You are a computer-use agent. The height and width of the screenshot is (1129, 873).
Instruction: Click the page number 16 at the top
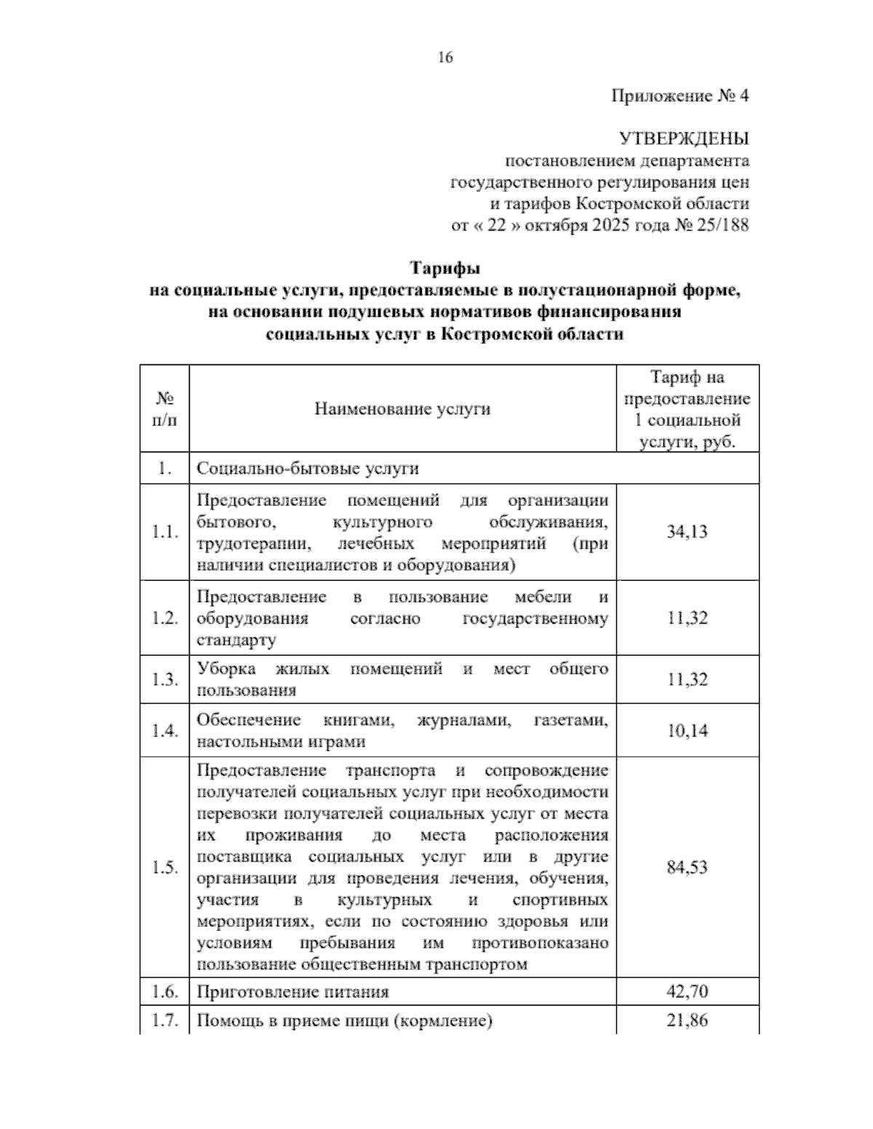pyautogui.click(x=445, y=57)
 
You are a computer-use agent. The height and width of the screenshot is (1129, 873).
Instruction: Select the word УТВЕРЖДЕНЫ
pyautogui.click(x=683, y=138)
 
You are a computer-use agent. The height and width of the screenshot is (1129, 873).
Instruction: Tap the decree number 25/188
pyautogui.click(x=721, y=225)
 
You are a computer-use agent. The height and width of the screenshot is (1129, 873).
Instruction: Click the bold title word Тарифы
pyautogui.click(x=445, y=268)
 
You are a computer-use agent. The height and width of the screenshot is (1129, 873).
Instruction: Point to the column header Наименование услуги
pyautogui.click(x=402, y=409)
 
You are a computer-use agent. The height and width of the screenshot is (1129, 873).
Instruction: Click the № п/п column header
pyautogui.click(x=165, y=409)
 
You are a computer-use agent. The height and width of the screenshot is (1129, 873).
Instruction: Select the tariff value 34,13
pyautogui.click(x=687, y=531)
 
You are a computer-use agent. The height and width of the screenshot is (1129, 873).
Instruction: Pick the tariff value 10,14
pyautogui.click(x=687, y=731)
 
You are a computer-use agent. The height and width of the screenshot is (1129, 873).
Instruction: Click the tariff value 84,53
pyautogui.click(x=687, y=867)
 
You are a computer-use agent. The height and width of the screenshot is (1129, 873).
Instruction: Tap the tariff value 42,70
pyautogui.click(x=687, y=992)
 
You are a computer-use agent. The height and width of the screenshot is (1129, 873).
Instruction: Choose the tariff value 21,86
pyautogui.click(x=687, y=1020)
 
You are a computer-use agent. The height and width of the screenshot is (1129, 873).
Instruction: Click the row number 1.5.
pyautogui.click(x=165, y=867)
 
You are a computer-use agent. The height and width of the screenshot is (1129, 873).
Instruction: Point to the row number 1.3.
pyautogui.click(x=165, y=680)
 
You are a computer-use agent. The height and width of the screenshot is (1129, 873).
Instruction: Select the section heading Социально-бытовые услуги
pyautogui.click(x=308, y=468)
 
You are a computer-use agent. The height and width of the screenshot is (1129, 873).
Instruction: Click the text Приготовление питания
pyautogui.click(x=292, y=992)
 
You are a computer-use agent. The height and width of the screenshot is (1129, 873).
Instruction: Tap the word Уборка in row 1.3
pyautogui.click(x=226, y=669)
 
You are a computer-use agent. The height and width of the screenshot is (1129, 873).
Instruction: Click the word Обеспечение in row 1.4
pyautogui.click(x=249, y=720)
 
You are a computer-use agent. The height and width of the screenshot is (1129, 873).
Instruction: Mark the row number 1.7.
pyautogui.click(x=165, y=1020)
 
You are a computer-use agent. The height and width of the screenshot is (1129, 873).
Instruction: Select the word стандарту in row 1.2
pyautogui.click(x=236, y=640)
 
